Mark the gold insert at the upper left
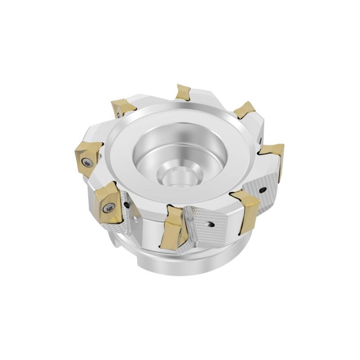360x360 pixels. pos(122,108)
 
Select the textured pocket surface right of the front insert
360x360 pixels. pos(211,229)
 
